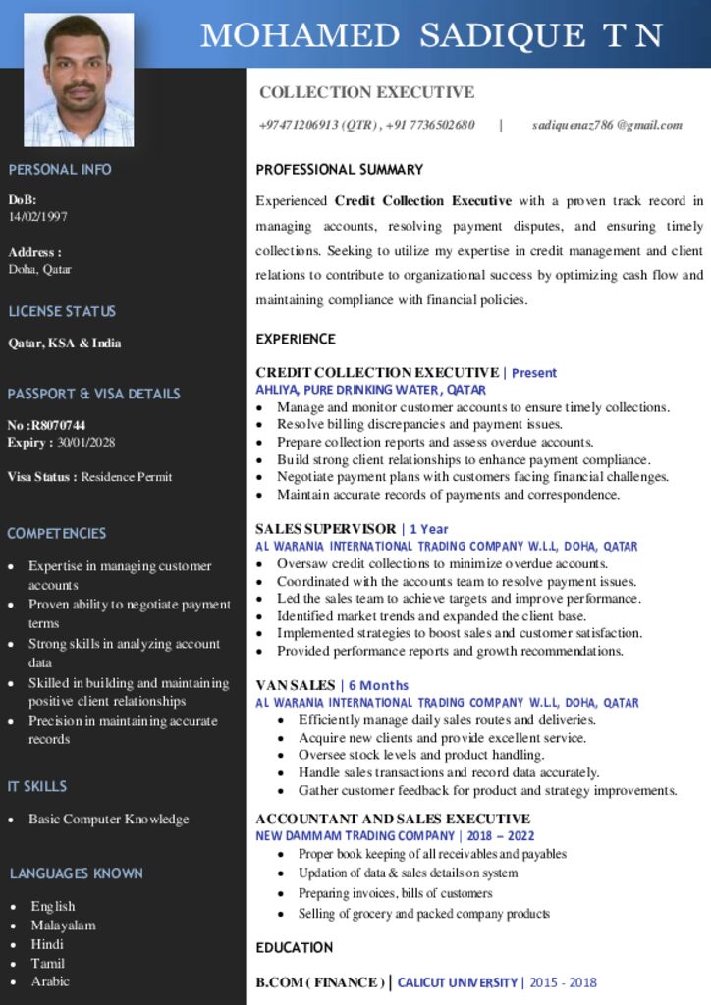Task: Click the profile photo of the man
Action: [79, 80]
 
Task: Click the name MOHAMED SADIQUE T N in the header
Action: [431, 35]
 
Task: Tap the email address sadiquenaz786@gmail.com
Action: [607, 125]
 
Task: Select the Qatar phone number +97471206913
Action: [300, 125]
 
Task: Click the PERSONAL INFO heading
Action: [60, 169]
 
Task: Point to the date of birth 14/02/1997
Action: [38, 216]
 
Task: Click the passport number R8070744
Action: [59, 425]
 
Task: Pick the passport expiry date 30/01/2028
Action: [86, 442]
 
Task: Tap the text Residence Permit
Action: [127, 477]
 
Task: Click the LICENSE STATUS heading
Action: [62, 311]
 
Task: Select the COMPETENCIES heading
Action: [57, 533]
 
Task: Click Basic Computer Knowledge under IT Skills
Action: [108, 819]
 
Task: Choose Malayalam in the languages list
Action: [63, 925]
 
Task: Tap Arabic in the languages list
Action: [50, 980]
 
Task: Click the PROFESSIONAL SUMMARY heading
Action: [340, 169]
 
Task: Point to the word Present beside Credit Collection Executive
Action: [534, 373]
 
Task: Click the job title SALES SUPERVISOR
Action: [326, 529]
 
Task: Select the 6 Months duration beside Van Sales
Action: [378, 685]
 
